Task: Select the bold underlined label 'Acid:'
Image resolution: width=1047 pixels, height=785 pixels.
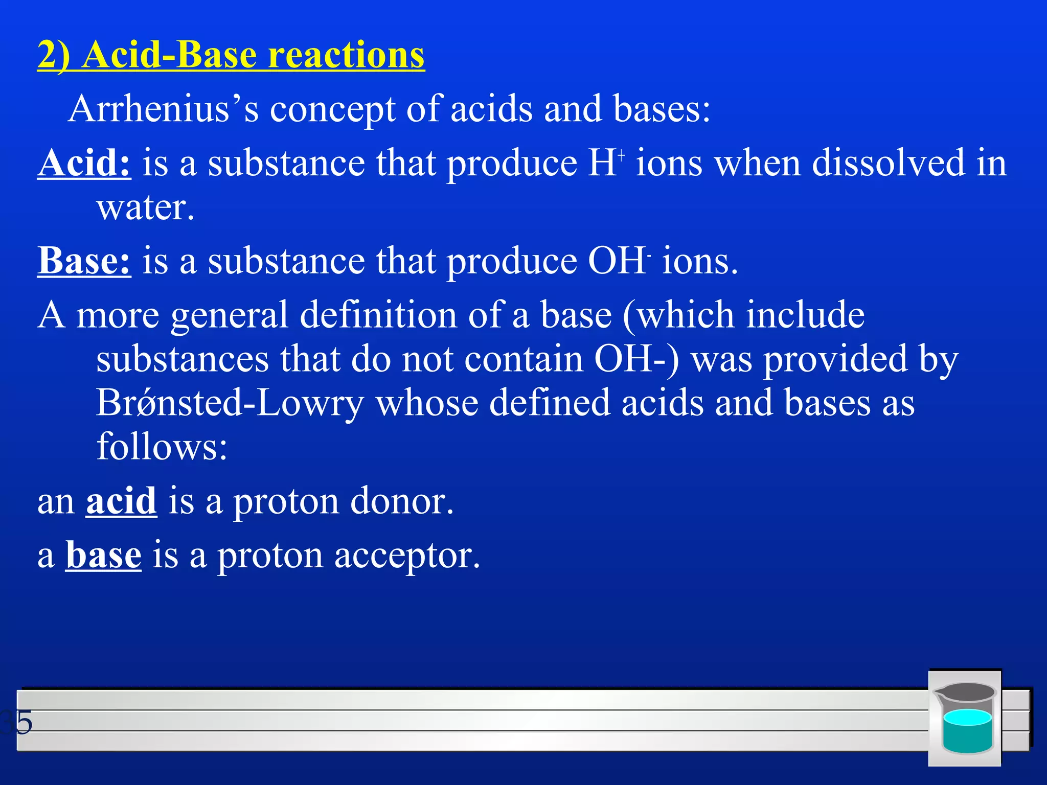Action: (x=84, y=164)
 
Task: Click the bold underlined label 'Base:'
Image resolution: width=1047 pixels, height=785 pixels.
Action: (x=84, y=261)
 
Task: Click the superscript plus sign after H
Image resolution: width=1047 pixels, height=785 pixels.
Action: (x=622, y=154)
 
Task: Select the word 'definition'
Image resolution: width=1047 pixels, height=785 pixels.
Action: (x=378, y=315)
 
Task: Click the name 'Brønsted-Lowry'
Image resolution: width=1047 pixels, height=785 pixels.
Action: (x=230, y=403)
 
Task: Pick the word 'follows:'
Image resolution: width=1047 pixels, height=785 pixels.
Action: (x=162, y=447)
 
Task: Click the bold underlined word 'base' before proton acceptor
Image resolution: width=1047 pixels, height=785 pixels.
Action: (x=103, y=556)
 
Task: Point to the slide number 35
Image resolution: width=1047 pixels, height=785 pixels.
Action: (x=16, y=723)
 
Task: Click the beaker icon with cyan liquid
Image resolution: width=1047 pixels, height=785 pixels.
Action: (x=965, y=718)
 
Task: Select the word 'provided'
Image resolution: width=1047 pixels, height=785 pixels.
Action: (x=835, y=359)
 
